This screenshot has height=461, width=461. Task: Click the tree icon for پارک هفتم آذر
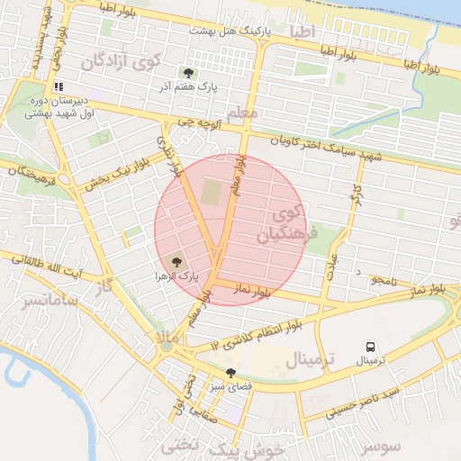pyautogui.click(x=187, y=73)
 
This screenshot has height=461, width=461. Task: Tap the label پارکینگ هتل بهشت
pyautogui.click(x=230, y=32)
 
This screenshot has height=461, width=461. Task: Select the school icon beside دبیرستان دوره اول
pyautogui.click(x=59, y=87)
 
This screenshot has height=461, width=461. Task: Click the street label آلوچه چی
pyautogui.click(x=196, y=121)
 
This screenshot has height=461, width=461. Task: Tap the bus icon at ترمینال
pyautogui.click(x=370, y=346)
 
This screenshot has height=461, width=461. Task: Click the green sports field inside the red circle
pyautogui.click(x=211, y=193)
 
